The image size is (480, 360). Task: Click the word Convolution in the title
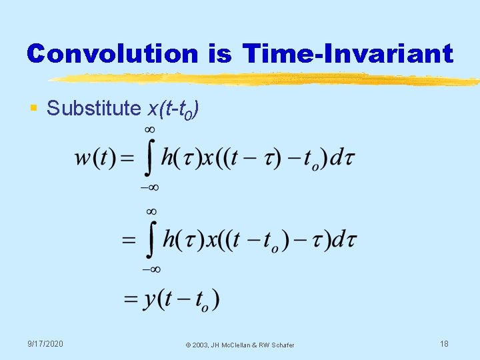click(x=112, y=53)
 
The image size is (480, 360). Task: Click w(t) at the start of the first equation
click(x=95, y=159)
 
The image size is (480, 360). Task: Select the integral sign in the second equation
click(x=152, y=240)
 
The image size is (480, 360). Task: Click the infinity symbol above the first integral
click(x=150, y=129)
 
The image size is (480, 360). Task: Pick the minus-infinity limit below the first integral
click(x=150, y=189)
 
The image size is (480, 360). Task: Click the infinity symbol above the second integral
click(x=152, y=211)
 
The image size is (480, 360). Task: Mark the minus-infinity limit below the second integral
click(x=151, y=269)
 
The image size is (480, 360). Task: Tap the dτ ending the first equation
click(x=342, y=159)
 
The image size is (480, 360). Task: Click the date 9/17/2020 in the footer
click(x=46, y=343)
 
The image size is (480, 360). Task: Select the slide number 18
click(x=444, y=343)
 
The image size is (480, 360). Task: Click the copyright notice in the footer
click(x=240, y=345)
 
